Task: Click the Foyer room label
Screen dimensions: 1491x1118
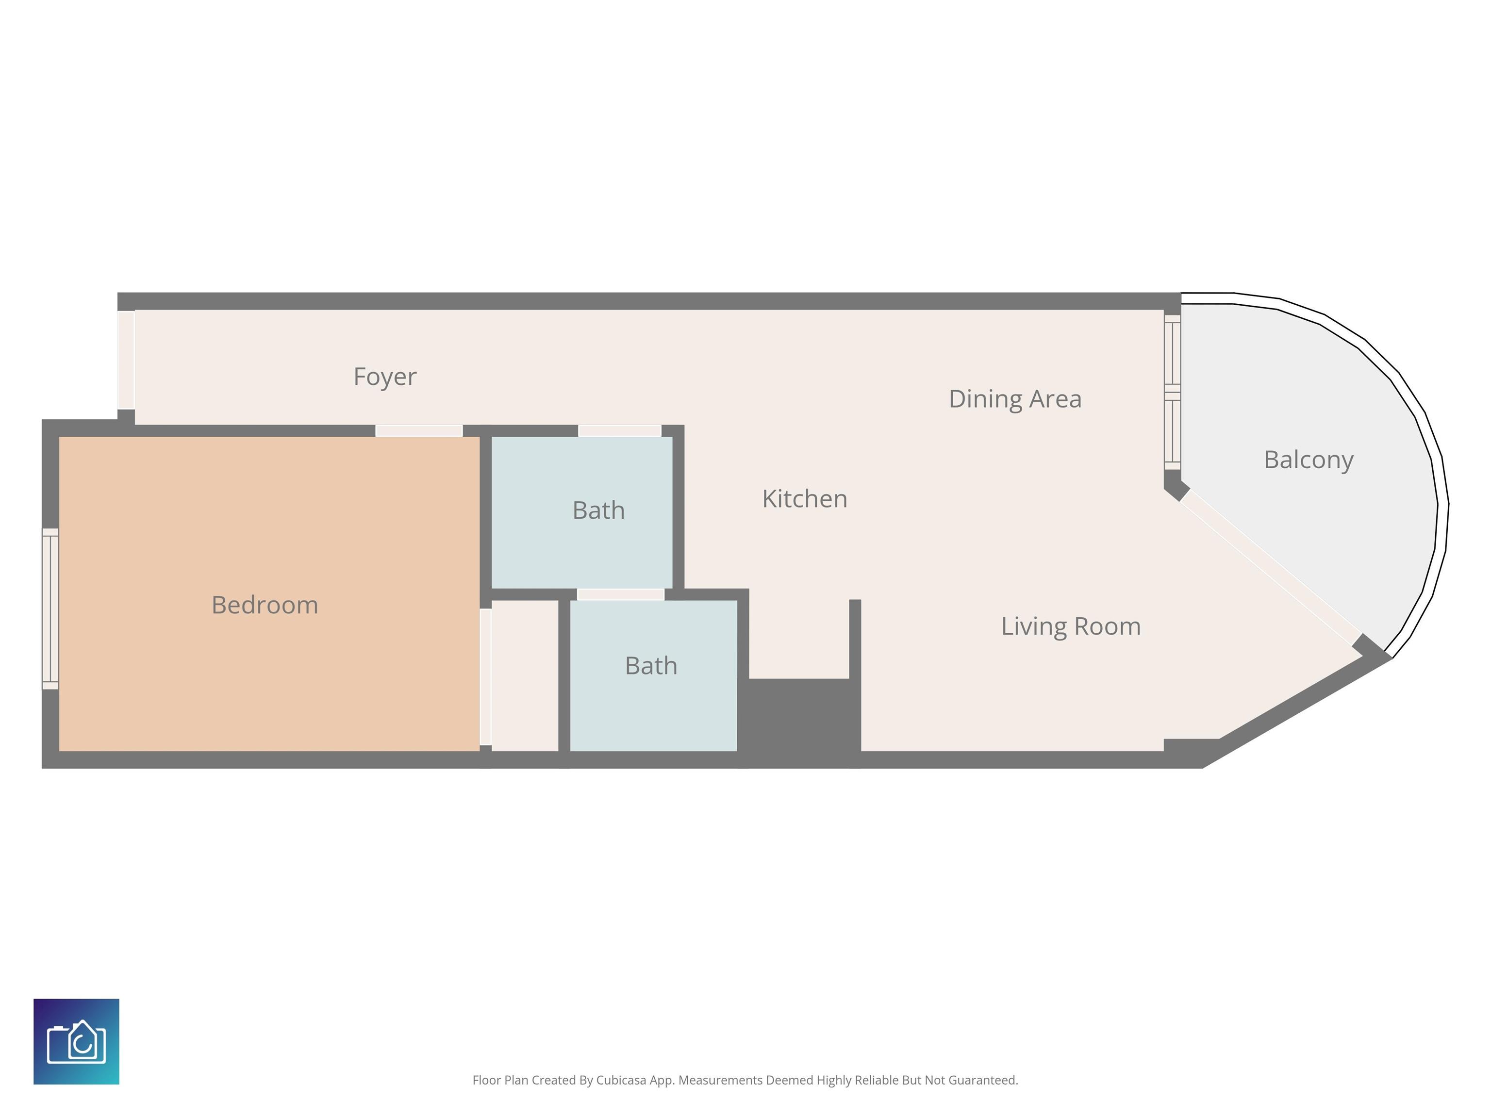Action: (385, 377)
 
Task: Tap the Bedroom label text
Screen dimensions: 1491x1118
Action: (265, 605)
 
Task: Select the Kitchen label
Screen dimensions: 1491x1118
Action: (805, 499)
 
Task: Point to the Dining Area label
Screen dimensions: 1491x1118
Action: (1015, 399)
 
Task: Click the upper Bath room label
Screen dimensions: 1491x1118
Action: (598, 510)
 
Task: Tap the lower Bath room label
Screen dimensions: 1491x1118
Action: (651, 666)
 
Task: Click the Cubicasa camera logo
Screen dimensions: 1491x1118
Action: (76, 1041)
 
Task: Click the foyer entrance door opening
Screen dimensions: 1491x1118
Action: (126, 360)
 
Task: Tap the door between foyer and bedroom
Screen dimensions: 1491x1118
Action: (418, 430)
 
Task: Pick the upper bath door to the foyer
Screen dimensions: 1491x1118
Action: (619, 430)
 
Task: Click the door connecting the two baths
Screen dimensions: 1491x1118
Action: (621, 594)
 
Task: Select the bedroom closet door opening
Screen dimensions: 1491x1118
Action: (485, 676)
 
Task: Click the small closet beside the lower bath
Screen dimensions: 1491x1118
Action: (525, 675)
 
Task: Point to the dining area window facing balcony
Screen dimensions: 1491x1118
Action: (1172, 392)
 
